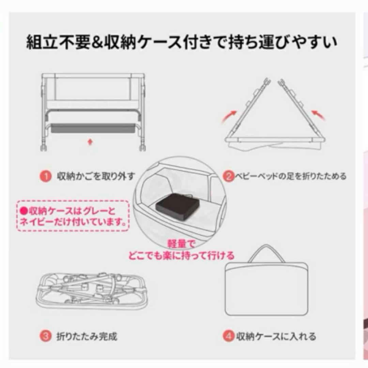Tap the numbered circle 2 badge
[228, 176]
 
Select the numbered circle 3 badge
[44, 337]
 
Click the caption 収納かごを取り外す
[96, 177]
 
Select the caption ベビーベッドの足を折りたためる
[289, 176]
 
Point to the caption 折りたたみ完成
[87, 337]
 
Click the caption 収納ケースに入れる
[275, 337]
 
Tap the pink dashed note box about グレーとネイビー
[73, 216]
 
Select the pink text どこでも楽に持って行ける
[181, 255]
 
